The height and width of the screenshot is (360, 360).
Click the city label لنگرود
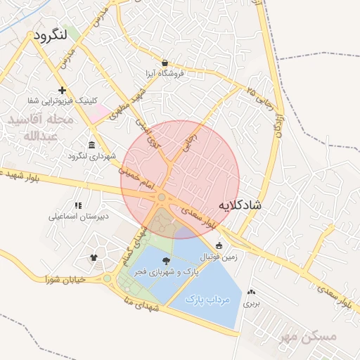50,34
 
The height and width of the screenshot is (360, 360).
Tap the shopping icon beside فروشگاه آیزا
164,63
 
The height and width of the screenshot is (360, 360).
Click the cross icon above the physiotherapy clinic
63,90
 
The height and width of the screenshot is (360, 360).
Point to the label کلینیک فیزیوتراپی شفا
63,101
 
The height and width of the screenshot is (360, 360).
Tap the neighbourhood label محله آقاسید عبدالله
41,128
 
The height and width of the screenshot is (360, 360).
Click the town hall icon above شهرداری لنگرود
94,143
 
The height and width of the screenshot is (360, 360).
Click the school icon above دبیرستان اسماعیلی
78,205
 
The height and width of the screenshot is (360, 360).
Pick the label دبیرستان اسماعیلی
78,217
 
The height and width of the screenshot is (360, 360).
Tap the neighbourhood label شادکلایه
239,205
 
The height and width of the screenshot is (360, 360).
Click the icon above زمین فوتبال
219,246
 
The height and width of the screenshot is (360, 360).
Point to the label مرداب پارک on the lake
209,300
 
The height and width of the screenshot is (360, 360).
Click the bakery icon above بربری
252,292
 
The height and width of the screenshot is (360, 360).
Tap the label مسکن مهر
307,337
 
